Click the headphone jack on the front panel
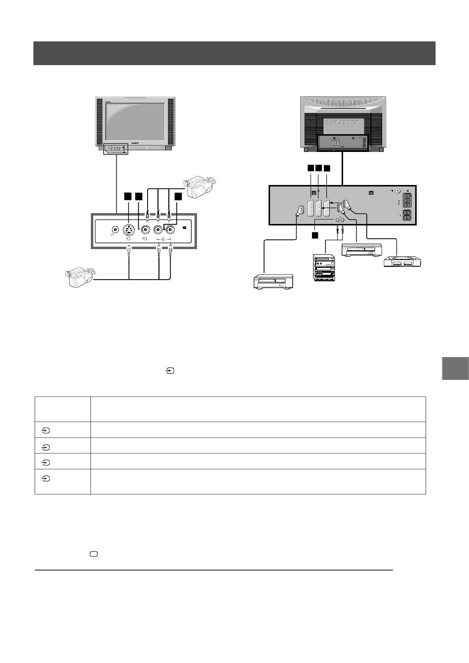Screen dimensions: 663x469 coord(115,229)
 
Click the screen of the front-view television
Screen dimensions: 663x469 coord(135,122)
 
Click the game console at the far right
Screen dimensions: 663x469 coord(403,261)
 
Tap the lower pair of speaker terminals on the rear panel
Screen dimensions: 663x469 coord(408,216)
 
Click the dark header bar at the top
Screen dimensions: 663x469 coord(234,53)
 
